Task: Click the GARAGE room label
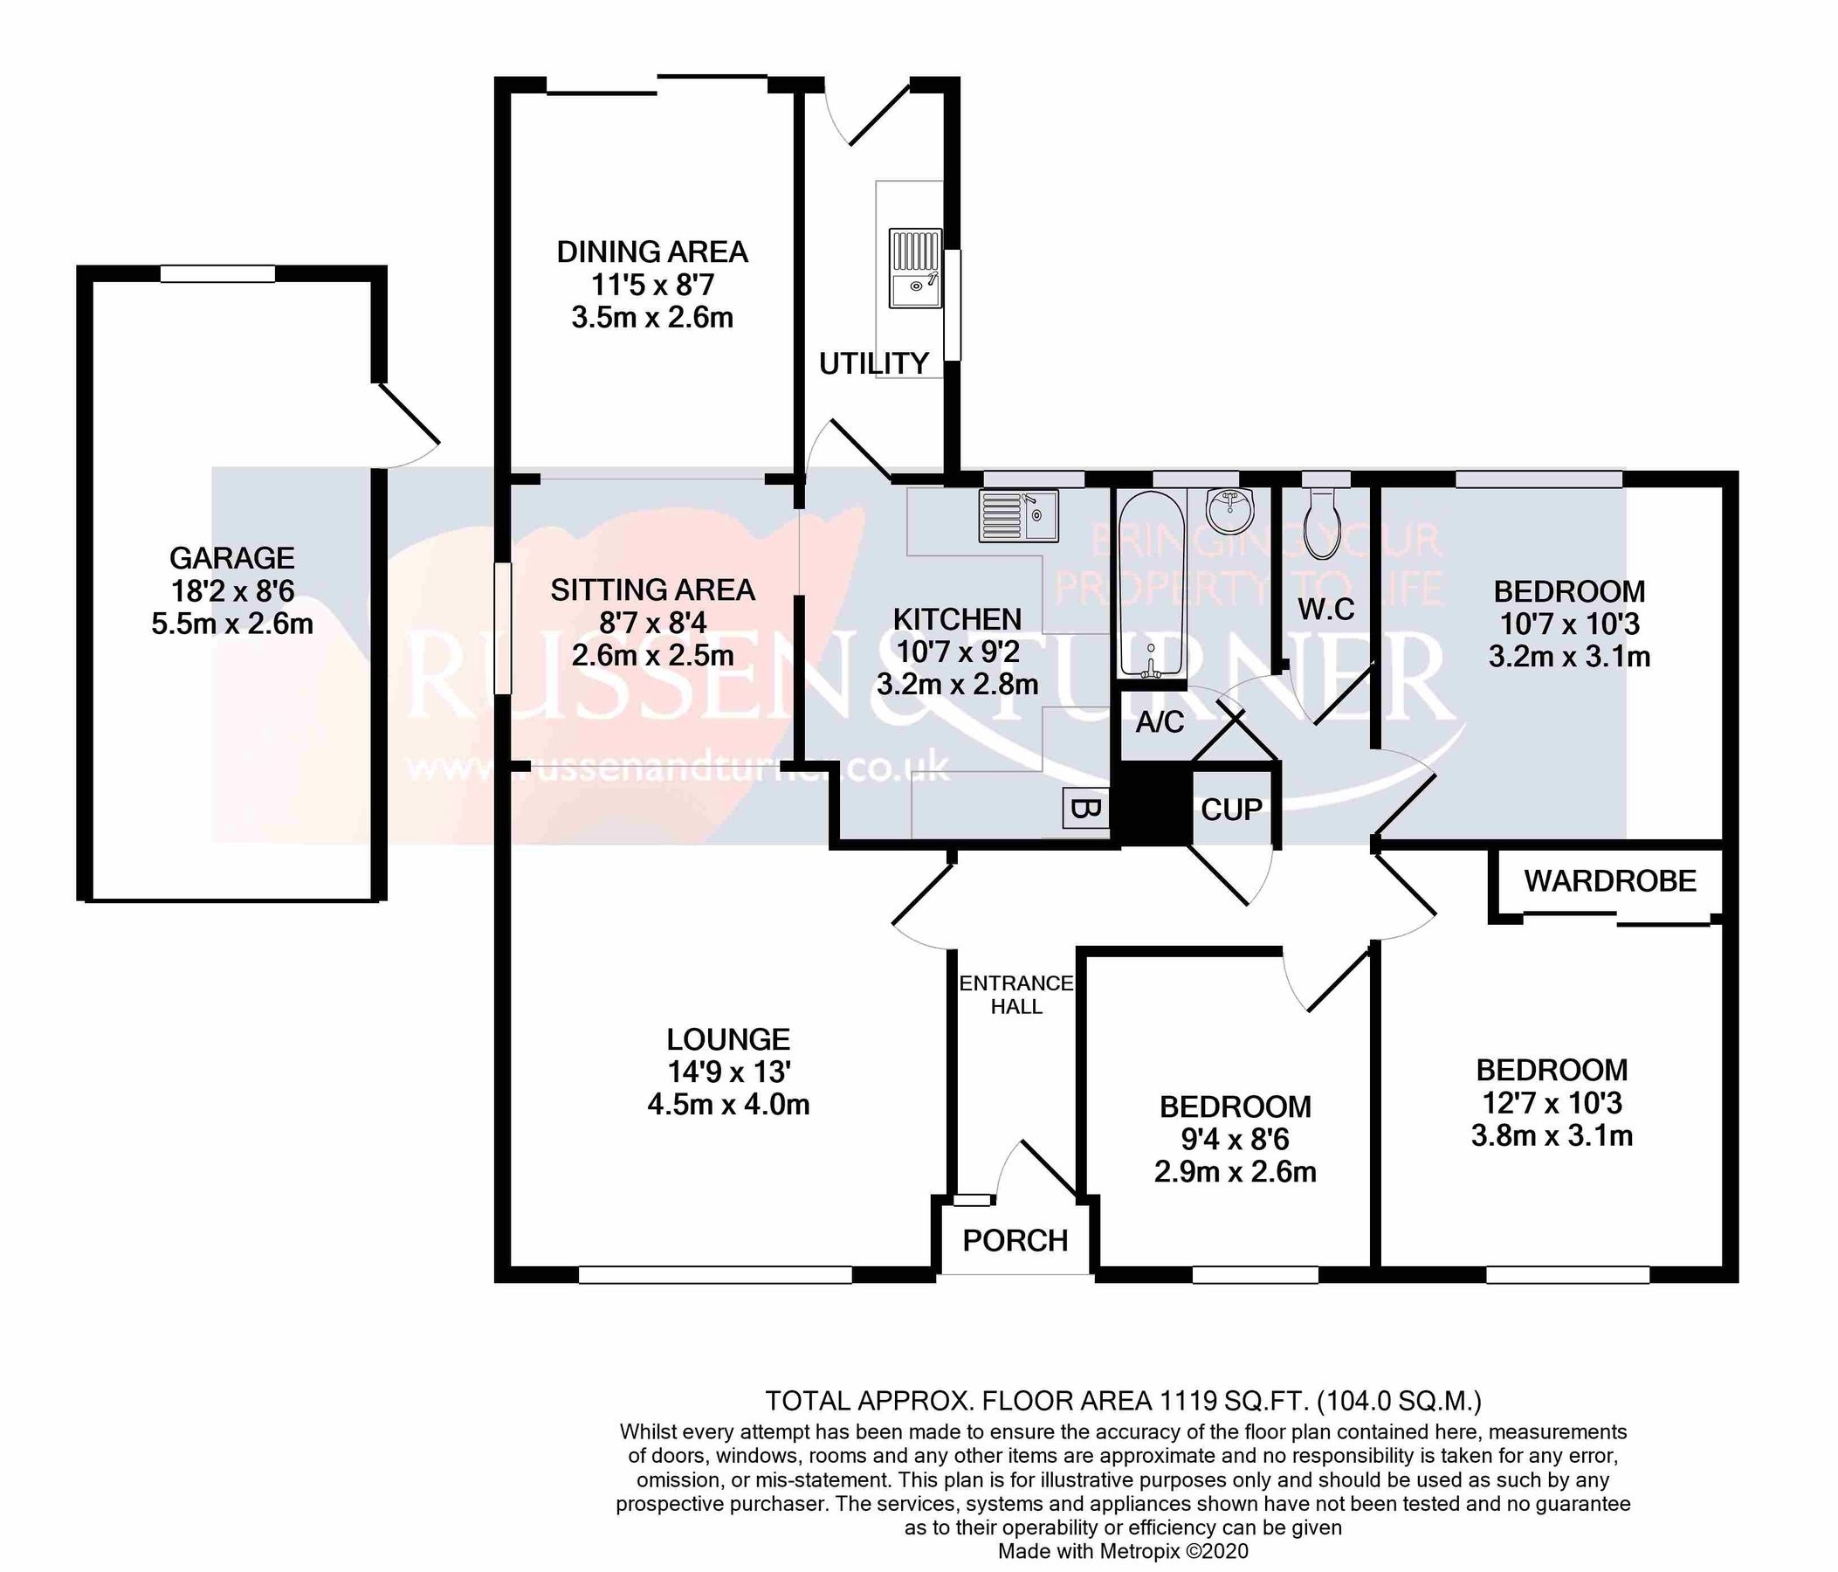click(x=231, y=558)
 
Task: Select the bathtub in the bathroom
click(x=1151, y=583)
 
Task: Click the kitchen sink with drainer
click(x=1017, y=515)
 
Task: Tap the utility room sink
click(x=914, y=268)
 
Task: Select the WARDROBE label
click(x=1610, y=881)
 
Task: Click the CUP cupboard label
click(x=1231, y=809)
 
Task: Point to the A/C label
click(x=1160, y=722)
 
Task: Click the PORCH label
click(x=1015, y=1240)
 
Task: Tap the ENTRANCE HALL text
click(x=1016, y=995)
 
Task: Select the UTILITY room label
click(x=873, y=363)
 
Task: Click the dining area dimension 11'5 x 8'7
click(x=652, y=285)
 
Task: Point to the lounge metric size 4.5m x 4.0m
click(x=728, y=1105)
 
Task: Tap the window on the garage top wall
click(x=217, y=274)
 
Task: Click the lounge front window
click(x=715, y=1275)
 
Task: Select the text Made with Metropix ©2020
click(x=1123, y=1551)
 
